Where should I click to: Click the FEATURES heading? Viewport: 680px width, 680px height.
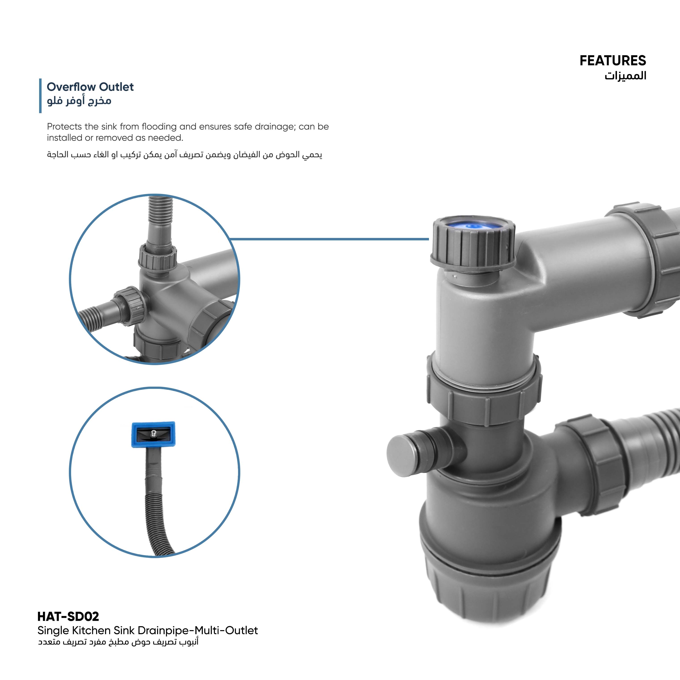click(612, 61)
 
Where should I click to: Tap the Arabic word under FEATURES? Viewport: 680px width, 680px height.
click(625, 75)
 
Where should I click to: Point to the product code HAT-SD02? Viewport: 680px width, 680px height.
click(68, 616)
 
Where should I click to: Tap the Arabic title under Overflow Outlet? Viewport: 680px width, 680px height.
click(79, 101)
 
